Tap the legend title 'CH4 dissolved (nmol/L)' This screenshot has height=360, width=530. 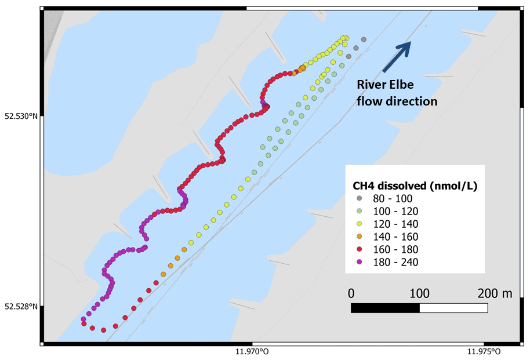(x=415, y=186)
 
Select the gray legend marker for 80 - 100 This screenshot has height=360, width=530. (x=359, y=199)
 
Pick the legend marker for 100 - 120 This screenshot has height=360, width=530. (x=359, y=212)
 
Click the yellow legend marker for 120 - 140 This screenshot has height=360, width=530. (x=359, y=224)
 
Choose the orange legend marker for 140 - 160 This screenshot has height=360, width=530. (x=359, y=237)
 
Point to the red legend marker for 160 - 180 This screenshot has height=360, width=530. (x=359, y=249)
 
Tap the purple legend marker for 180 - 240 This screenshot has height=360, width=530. (x=359, y=262)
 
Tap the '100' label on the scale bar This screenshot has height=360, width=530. (x=419, y=293)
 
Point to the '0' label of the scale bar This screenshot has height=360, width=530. (x=351, y=293)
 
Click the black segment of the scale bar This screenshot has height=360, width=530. (x=385, y=308)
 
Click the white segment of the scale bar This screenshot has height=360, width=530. (x=453, y=308)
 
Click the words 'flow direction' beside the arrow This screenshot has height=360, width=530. (x=397, y=101)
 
